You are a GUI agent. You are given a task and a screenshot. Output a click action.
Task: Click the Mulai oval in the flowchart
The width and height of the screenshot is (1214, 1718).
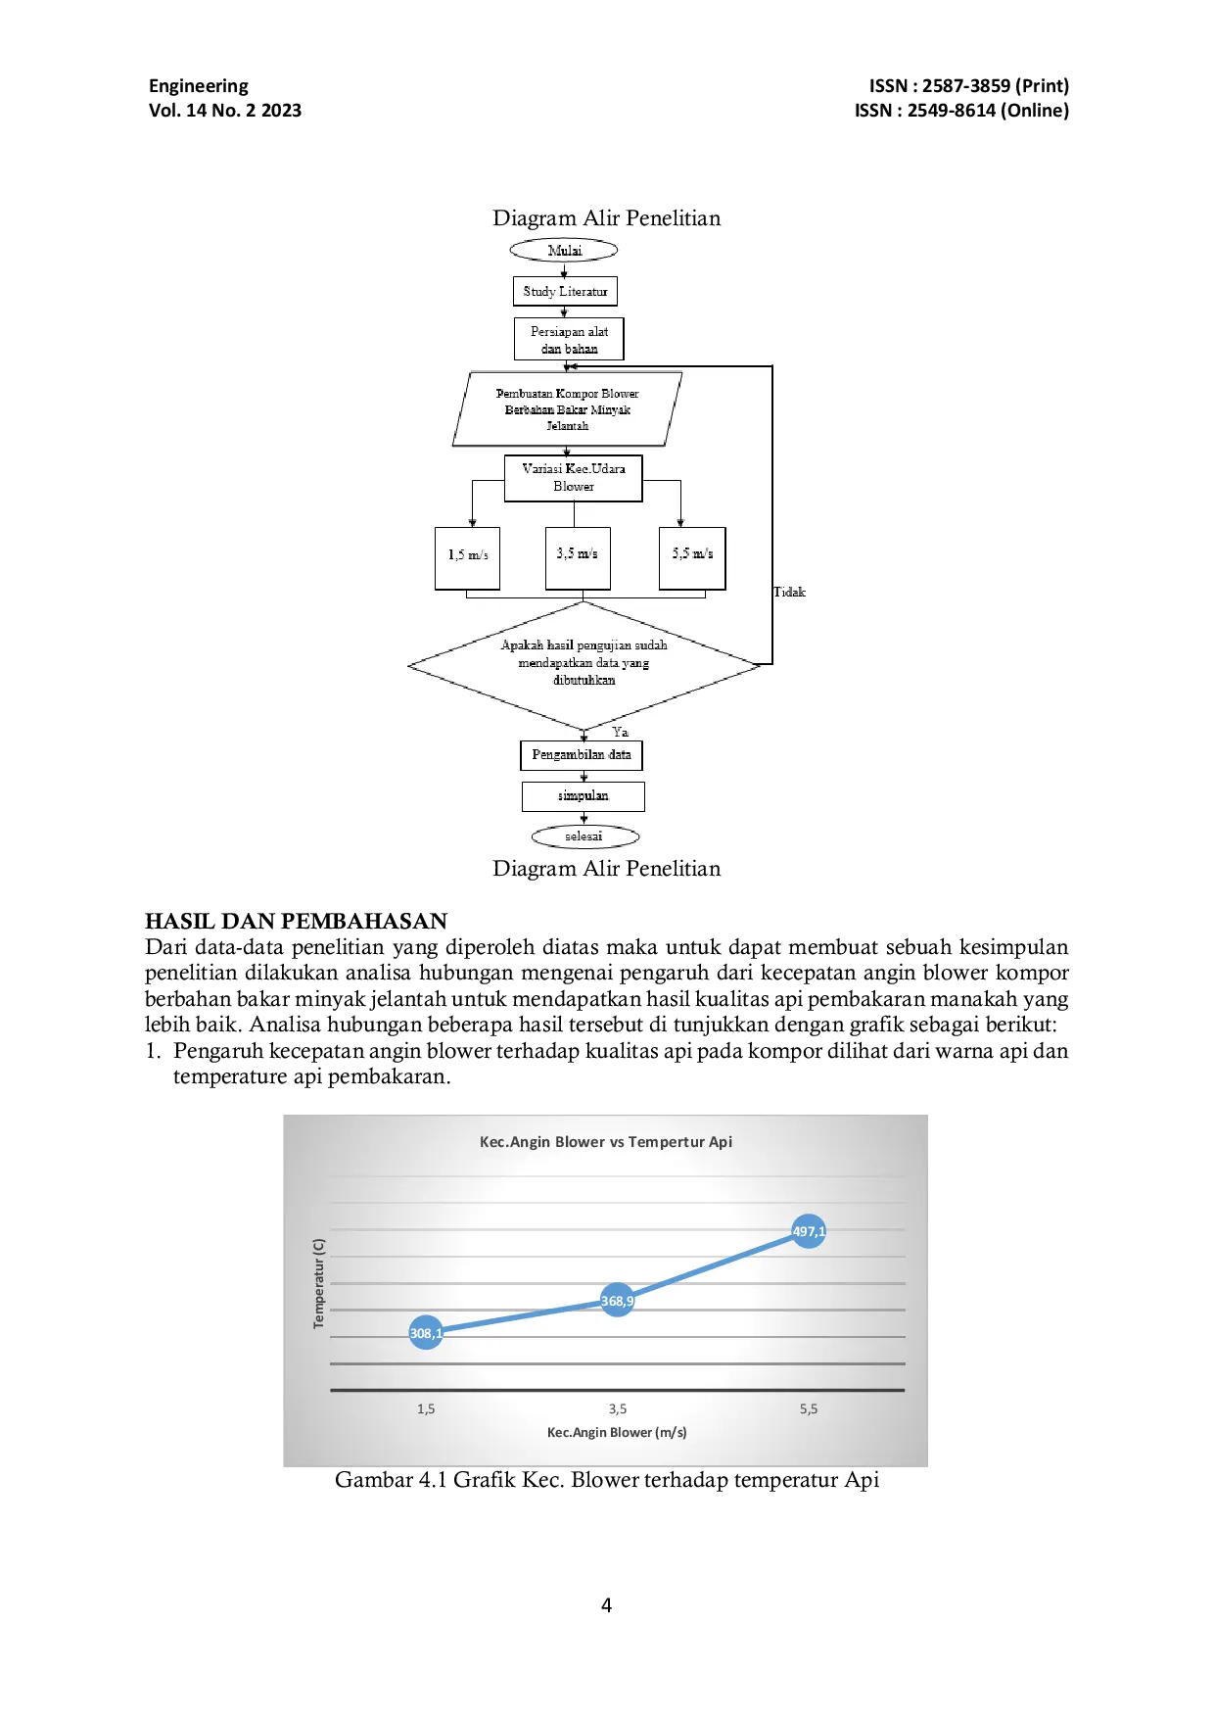(564, 251)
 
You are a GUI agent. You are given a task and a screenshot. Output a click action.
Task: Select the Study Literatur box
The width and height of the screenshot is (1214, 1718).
(565, 291)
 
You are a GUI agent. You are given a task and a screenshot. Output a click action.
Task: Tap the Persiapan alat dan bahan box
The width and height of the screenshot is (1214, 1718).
(569, 339)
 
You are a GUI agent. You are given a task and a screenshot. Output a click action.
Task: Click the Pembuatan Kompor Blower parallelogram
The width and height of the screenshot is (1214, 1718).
(567, 409)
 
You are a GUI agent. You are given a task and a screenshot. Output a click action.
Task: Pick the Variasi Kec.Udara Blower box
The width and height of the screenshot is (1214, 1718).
(574, 478)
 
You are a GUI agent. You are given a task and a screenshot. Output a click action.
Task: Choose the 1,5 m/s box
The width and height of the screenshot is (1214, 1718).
(468, 558)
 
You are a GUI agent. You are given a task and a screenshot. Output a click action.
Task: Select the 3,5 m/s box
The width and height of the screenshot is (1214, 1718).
(578, 558)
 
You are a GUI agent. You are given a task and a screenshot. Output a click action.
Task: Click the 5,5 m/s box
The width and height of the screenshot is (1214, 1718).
(692, 558)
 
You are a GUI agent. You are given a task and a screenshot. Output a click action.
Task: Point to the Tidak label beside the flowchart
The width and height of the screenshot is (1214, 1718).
(789, 592)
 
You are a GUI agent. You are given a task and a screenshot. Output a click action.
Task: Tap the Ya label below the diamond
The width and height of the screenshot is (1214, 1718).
(621, 732)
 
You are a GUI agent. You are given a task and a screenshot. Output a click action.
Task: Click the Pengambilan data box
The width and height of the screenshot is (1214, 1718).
(582, 755)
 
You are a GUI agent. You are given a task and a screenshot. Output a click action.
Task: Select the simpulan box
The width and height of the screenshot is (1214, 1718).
(584, 796)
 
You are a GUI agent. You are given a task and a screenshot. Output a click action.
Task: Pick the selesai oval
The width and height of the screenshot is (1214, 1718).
(584, 836)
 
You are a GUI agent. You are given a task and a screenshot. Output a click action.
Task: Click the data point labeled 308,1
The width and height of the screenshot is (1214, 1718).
(426, 1333)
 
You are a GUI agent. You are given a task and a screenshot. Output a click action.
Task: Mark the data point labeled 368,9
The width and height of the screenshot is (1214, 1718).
(617, 1301)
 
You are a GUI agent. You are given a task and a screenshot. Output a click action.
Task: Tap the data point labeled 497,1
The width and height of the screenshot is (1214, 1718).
(809, 1231)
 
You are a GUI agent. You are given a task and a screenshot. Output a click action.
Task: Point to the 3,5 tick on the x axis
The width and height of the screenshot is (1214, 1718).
(618, 1408)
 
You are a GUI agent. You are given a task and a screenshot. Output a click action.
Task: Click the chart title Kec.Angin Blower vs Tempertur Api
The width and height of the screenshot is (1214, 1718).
(606, 1142)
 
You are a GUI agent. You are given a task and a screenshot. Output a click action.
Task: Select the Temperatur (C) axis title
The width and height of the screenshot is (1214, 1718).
(318, 1283)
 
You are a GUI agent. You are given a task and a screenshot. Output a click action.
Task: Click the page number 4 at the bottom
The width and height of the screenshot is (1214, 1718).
(607, 1605)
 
